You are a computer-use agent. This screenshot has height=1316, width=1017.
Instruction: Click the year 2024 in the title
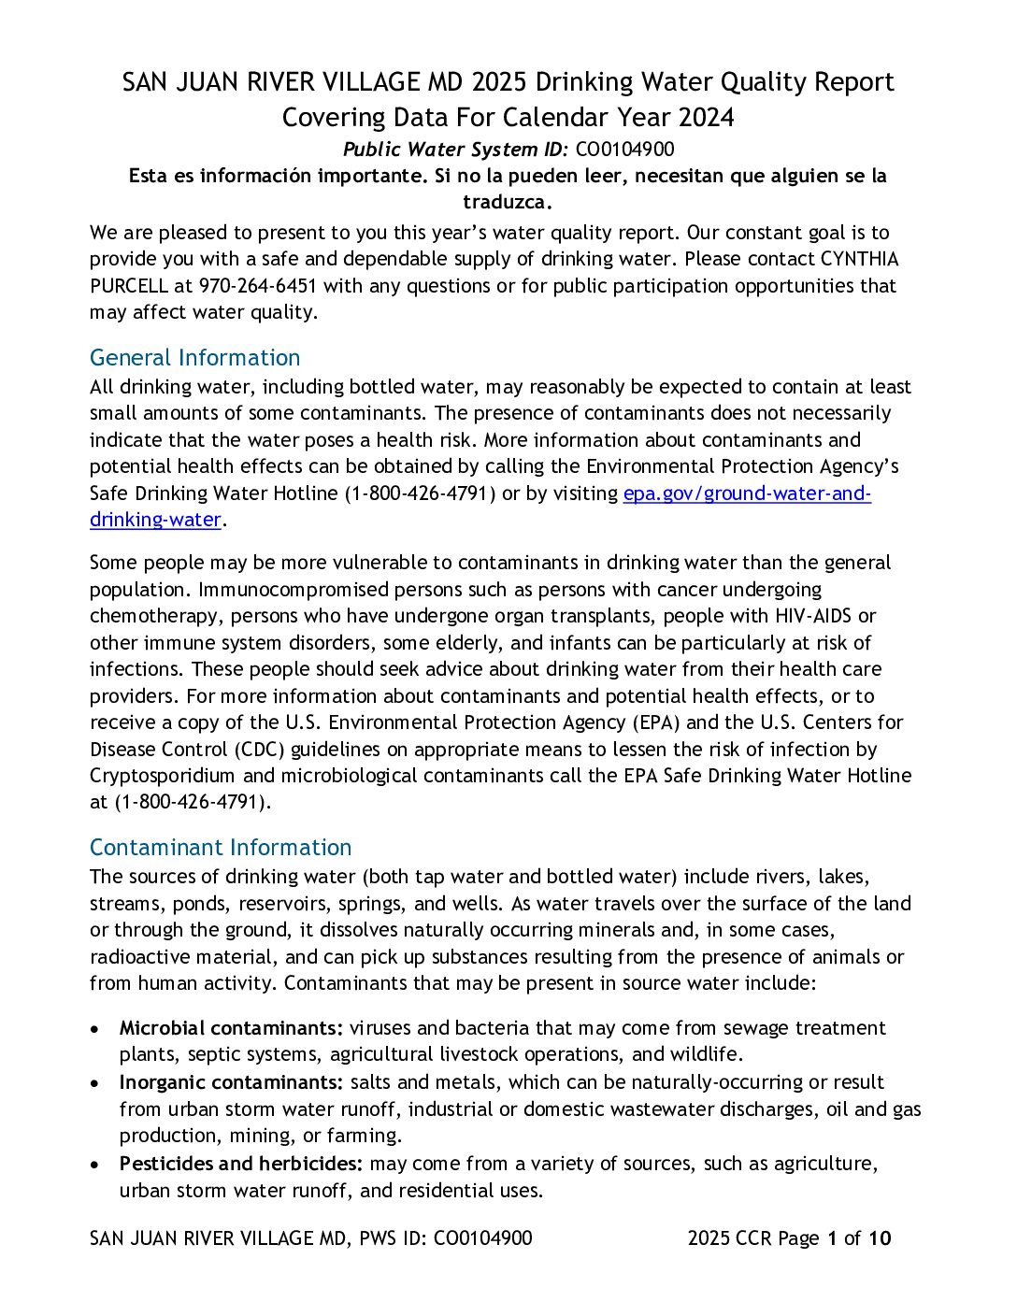click(x=707, y=118)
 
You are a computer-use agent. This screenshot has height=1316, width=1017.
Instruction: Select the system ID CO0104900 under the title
click(x=624, y=150)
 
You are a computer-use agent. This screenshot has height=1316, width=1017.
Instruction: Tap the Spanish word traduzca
click(x=508, y=202)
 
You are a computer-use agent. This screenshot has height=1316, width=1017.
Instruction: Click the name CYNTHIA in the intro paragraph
click(x=859, y=259)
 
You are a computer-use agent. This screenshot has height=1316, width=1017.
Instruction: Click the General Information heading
click(x=194, y=358)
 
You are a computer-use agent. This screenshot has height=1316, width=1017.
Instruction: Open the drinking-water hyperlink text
click(x=155, y=520)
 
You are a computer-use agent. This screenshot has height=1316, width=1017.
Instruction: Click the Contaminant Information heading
click(x=221, y=848)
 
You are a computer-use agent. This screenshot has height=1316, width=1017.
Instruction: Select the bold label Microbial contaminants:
click(x=231, y=1028)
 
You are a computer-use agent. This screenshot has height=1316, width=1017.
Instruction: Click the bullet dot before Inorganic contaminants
click(x=95, y=1083)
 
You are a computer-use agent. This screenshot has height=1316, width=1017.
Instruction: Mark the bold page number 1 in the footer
click(x=831, y=1238)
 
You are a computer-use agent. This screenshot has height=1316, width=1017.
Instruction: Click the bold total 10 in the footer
click(x=880, y=1238)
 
